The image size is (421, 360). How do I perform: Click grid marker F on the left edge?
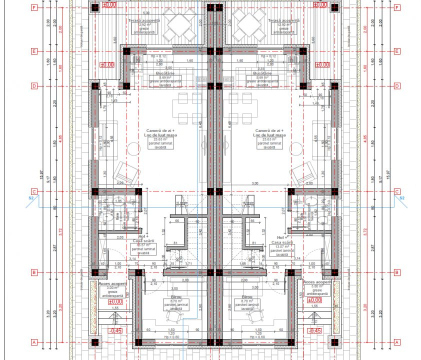(33, 7)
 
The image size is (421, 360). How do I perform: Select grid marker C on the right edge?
(396, 191)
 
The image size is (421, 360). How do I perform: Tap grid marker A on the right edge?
(396, 342)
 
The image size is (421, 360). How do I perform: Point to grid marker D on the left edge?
(33, 85)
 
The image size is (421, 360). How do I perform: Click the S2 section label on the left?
(31, 198)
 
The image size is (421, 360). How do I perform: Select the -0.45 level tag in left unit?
(115, 331)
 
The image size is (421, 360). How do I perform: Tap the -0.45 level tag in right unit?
(314, 331)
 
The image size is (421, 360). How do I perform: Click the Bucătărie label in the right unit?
(259, 73)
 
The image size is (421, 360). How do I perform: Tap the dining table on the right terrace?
(247, 24)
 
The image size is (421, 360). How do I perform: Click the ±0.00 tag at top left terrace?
(109, 4)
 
